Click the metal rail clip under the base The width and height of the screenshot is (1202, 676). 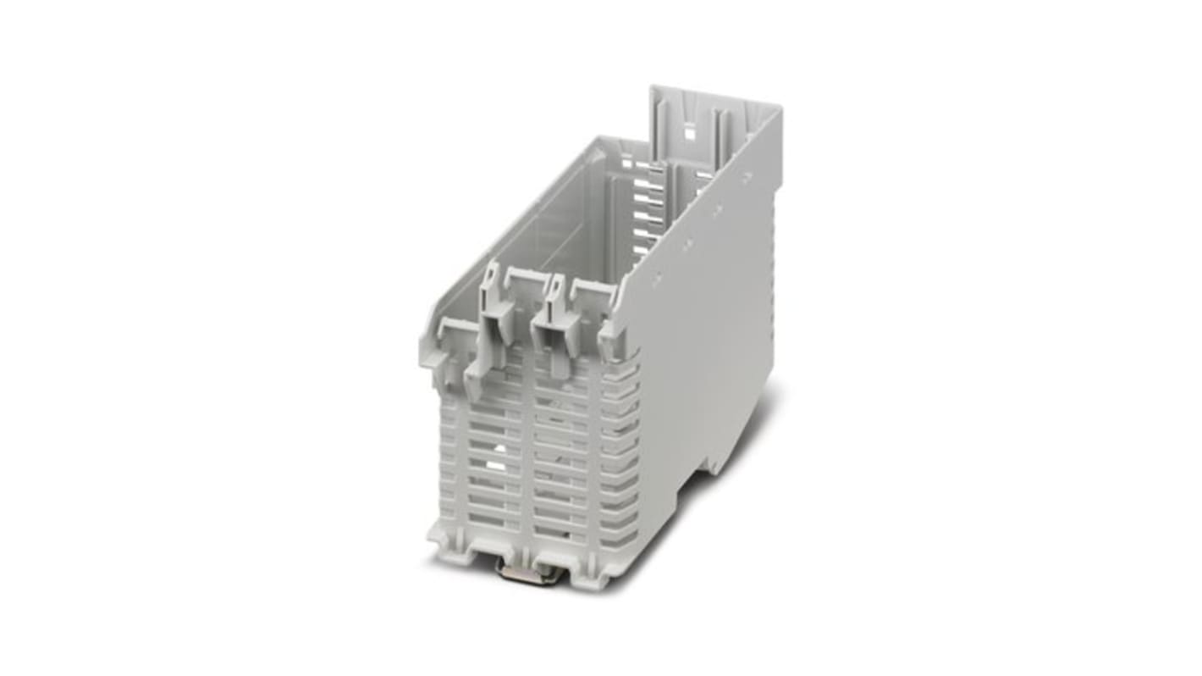pos(521,573)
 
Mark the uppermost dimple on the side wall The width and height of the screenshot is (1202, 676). pos(747,177)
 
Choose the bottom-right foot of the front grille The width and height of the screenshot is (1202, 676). pos(593,576)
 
